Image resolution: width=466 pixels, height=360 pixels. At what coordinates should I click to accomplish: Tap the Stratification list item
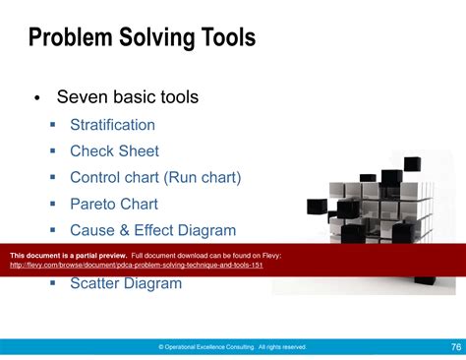(x=112, y=125)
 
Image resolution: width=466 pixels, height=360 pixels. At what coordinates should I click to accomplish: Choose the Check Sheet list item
(x=114, y=151)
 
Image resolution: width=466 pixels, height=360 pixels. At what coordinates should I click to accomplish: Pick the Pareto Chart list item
(x=113, y=205)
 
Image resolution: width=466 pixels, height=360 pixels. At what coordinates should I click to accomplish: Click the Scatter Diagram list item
(x=126, y=283)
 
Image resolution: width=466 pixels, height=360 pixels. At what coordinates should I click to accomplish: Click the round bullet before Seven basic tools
(x=36, y=98)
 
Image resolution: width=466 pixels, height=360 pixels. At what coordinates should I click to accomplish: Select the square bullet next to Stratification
(x=53, y=126)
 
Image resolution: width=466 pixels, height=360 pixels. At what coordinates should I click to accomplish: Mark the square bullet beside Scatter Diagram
(x=53, y=284)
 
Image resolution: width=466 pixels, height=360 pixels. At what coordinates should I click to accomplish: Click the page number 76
(x=455, y=346)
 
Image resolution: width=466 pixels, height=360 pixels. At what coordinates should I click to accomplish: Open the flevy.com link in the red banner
(x=136, y=266)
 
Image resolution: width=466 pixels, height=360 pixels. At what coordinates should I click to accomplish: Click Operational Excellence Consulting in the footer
(x=209, y=347)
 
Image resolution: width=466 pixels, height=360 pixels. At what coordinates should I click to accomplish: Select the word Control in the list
(x=95, y=178)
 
